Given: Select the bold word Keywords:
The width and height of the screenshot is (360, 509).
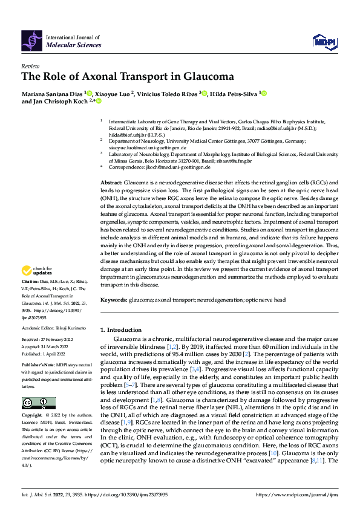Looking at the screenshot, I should [114, 300].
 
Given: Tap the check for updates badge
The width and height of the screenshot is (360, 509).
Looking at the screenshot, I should [38, 270].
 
